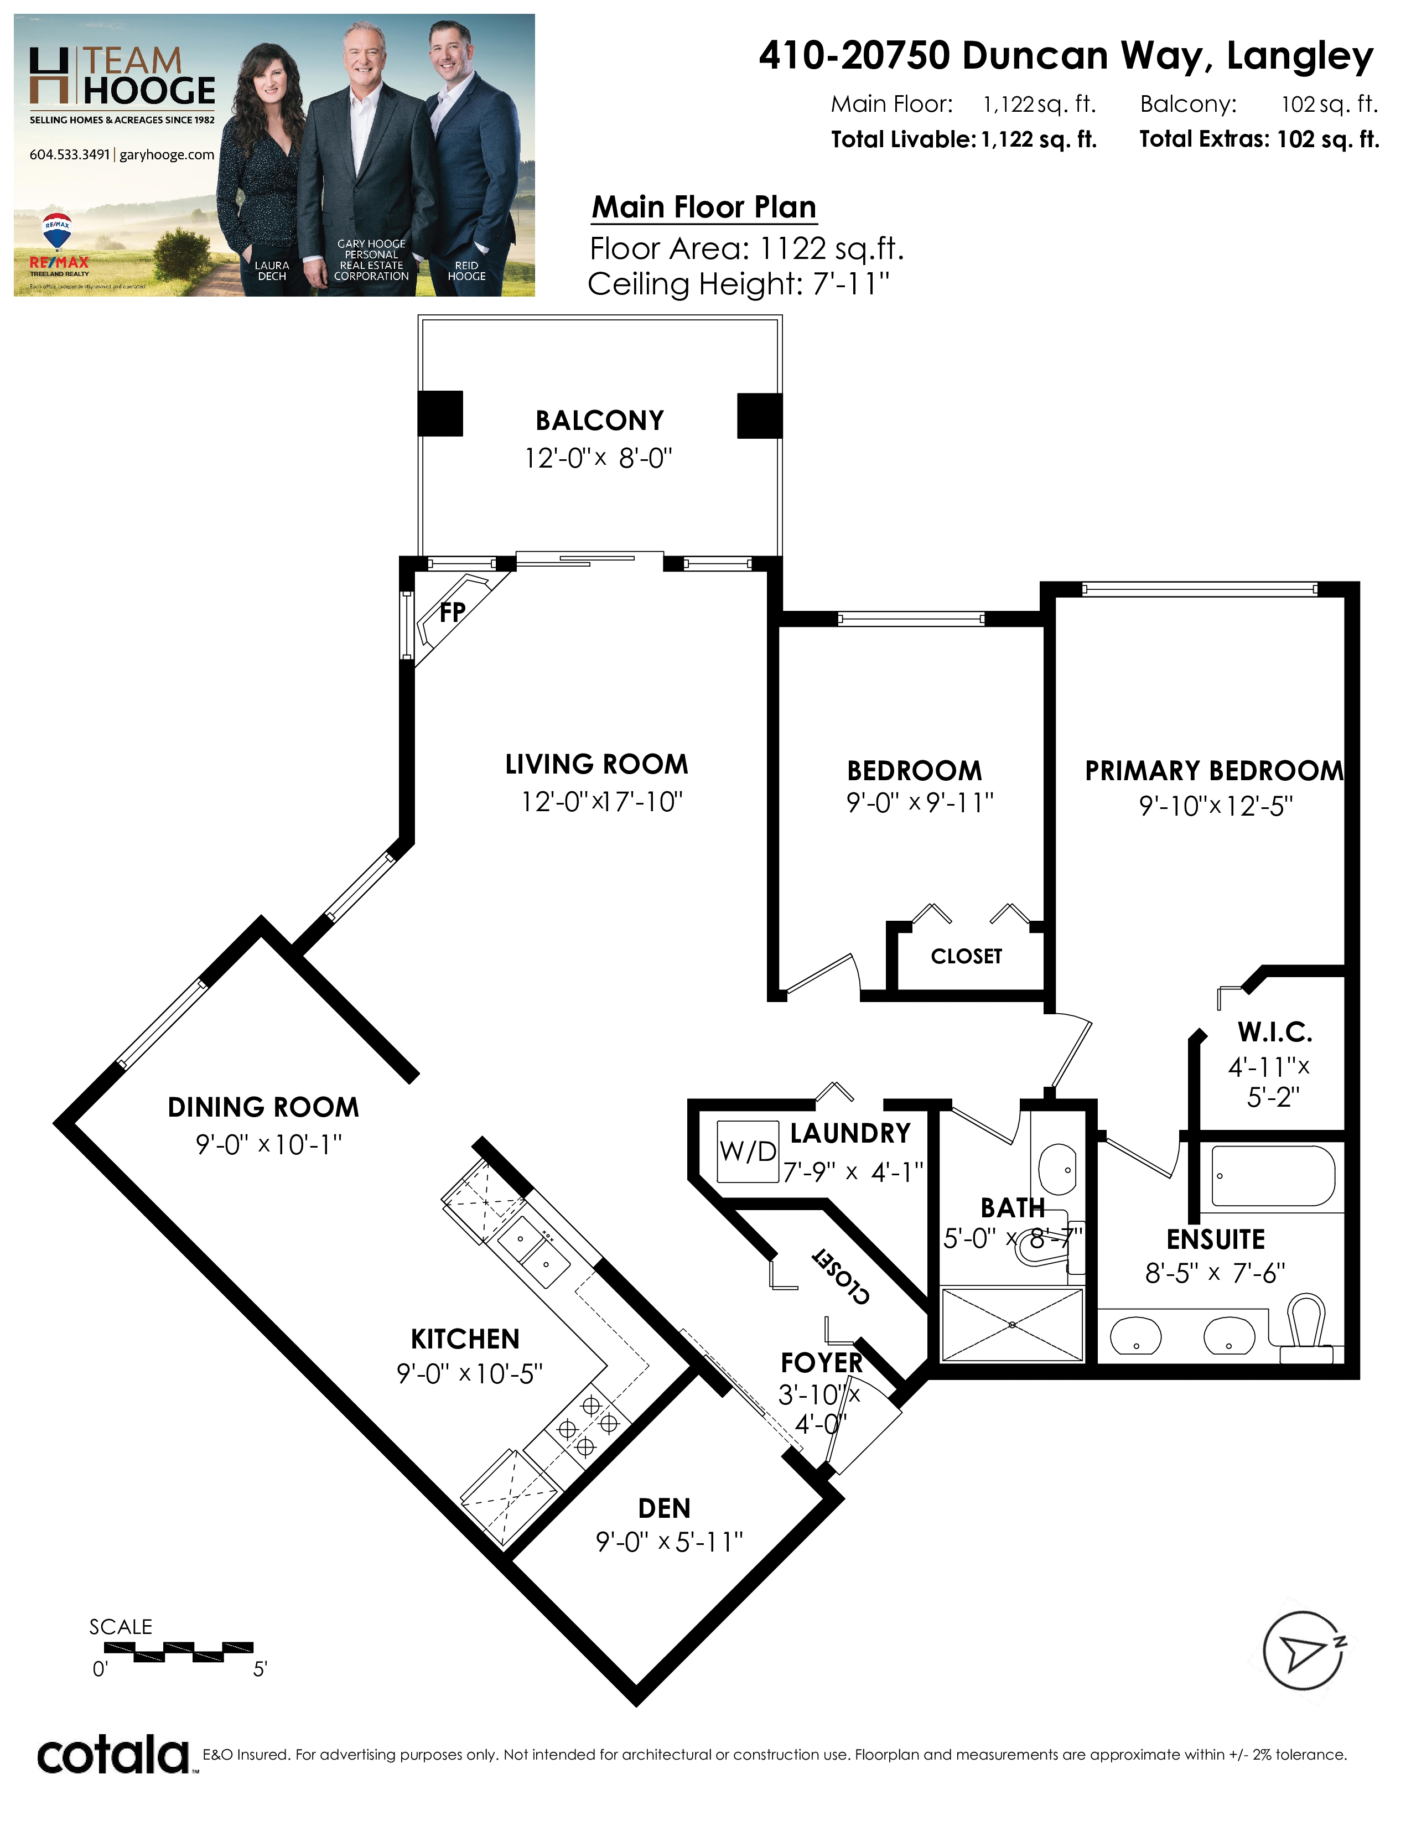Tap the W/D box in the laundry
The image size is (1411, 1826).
(748, 1151)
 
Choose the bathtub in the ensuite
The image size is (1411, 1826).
(1273, 1175)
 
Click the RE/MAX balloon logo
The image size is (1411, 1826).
(57, 232)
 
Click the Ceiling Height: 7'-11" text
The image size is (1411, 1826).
(739, 284)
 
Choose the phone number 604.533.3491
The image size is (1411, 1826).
(69, 155)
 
